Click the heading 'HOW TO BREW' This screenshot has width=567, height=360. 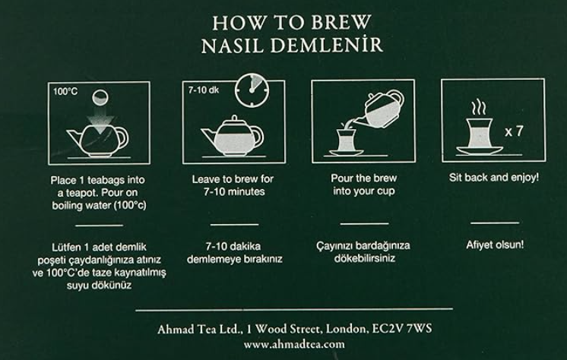coord(291,23)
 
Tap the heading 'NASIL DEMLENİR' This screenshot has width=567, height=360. coord(292,45)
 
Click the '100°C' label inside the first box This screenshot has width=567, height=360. coord(65,91)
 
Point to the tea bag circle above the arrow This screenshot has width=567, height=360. coord(100,97)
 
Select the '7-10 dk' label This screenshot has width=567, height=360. coord(203,90)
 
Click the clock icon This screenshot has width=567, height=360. coord(252,90)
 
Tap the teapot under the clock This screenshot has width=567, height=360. coord(232,136)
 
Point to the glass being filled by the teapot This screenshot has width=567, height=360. coord(345,141)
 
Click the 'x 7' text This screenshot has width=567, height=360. coord(515,131)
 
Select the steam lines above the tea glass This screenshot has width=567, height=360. coord(478,108)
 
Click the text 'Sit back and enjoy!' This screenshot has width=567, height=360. coord(494,178)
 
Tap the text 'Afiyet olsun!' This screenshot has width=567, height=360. coord(495,245)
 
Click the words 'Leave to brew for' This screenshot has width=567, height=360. coord(233,179)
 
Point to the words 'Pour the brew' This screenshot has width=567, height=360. coord(364,178)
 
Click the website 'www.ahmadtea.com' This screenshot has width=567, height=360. coord(294,344)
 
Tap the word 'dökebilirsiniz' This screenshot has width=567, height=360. coord(365,258)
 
